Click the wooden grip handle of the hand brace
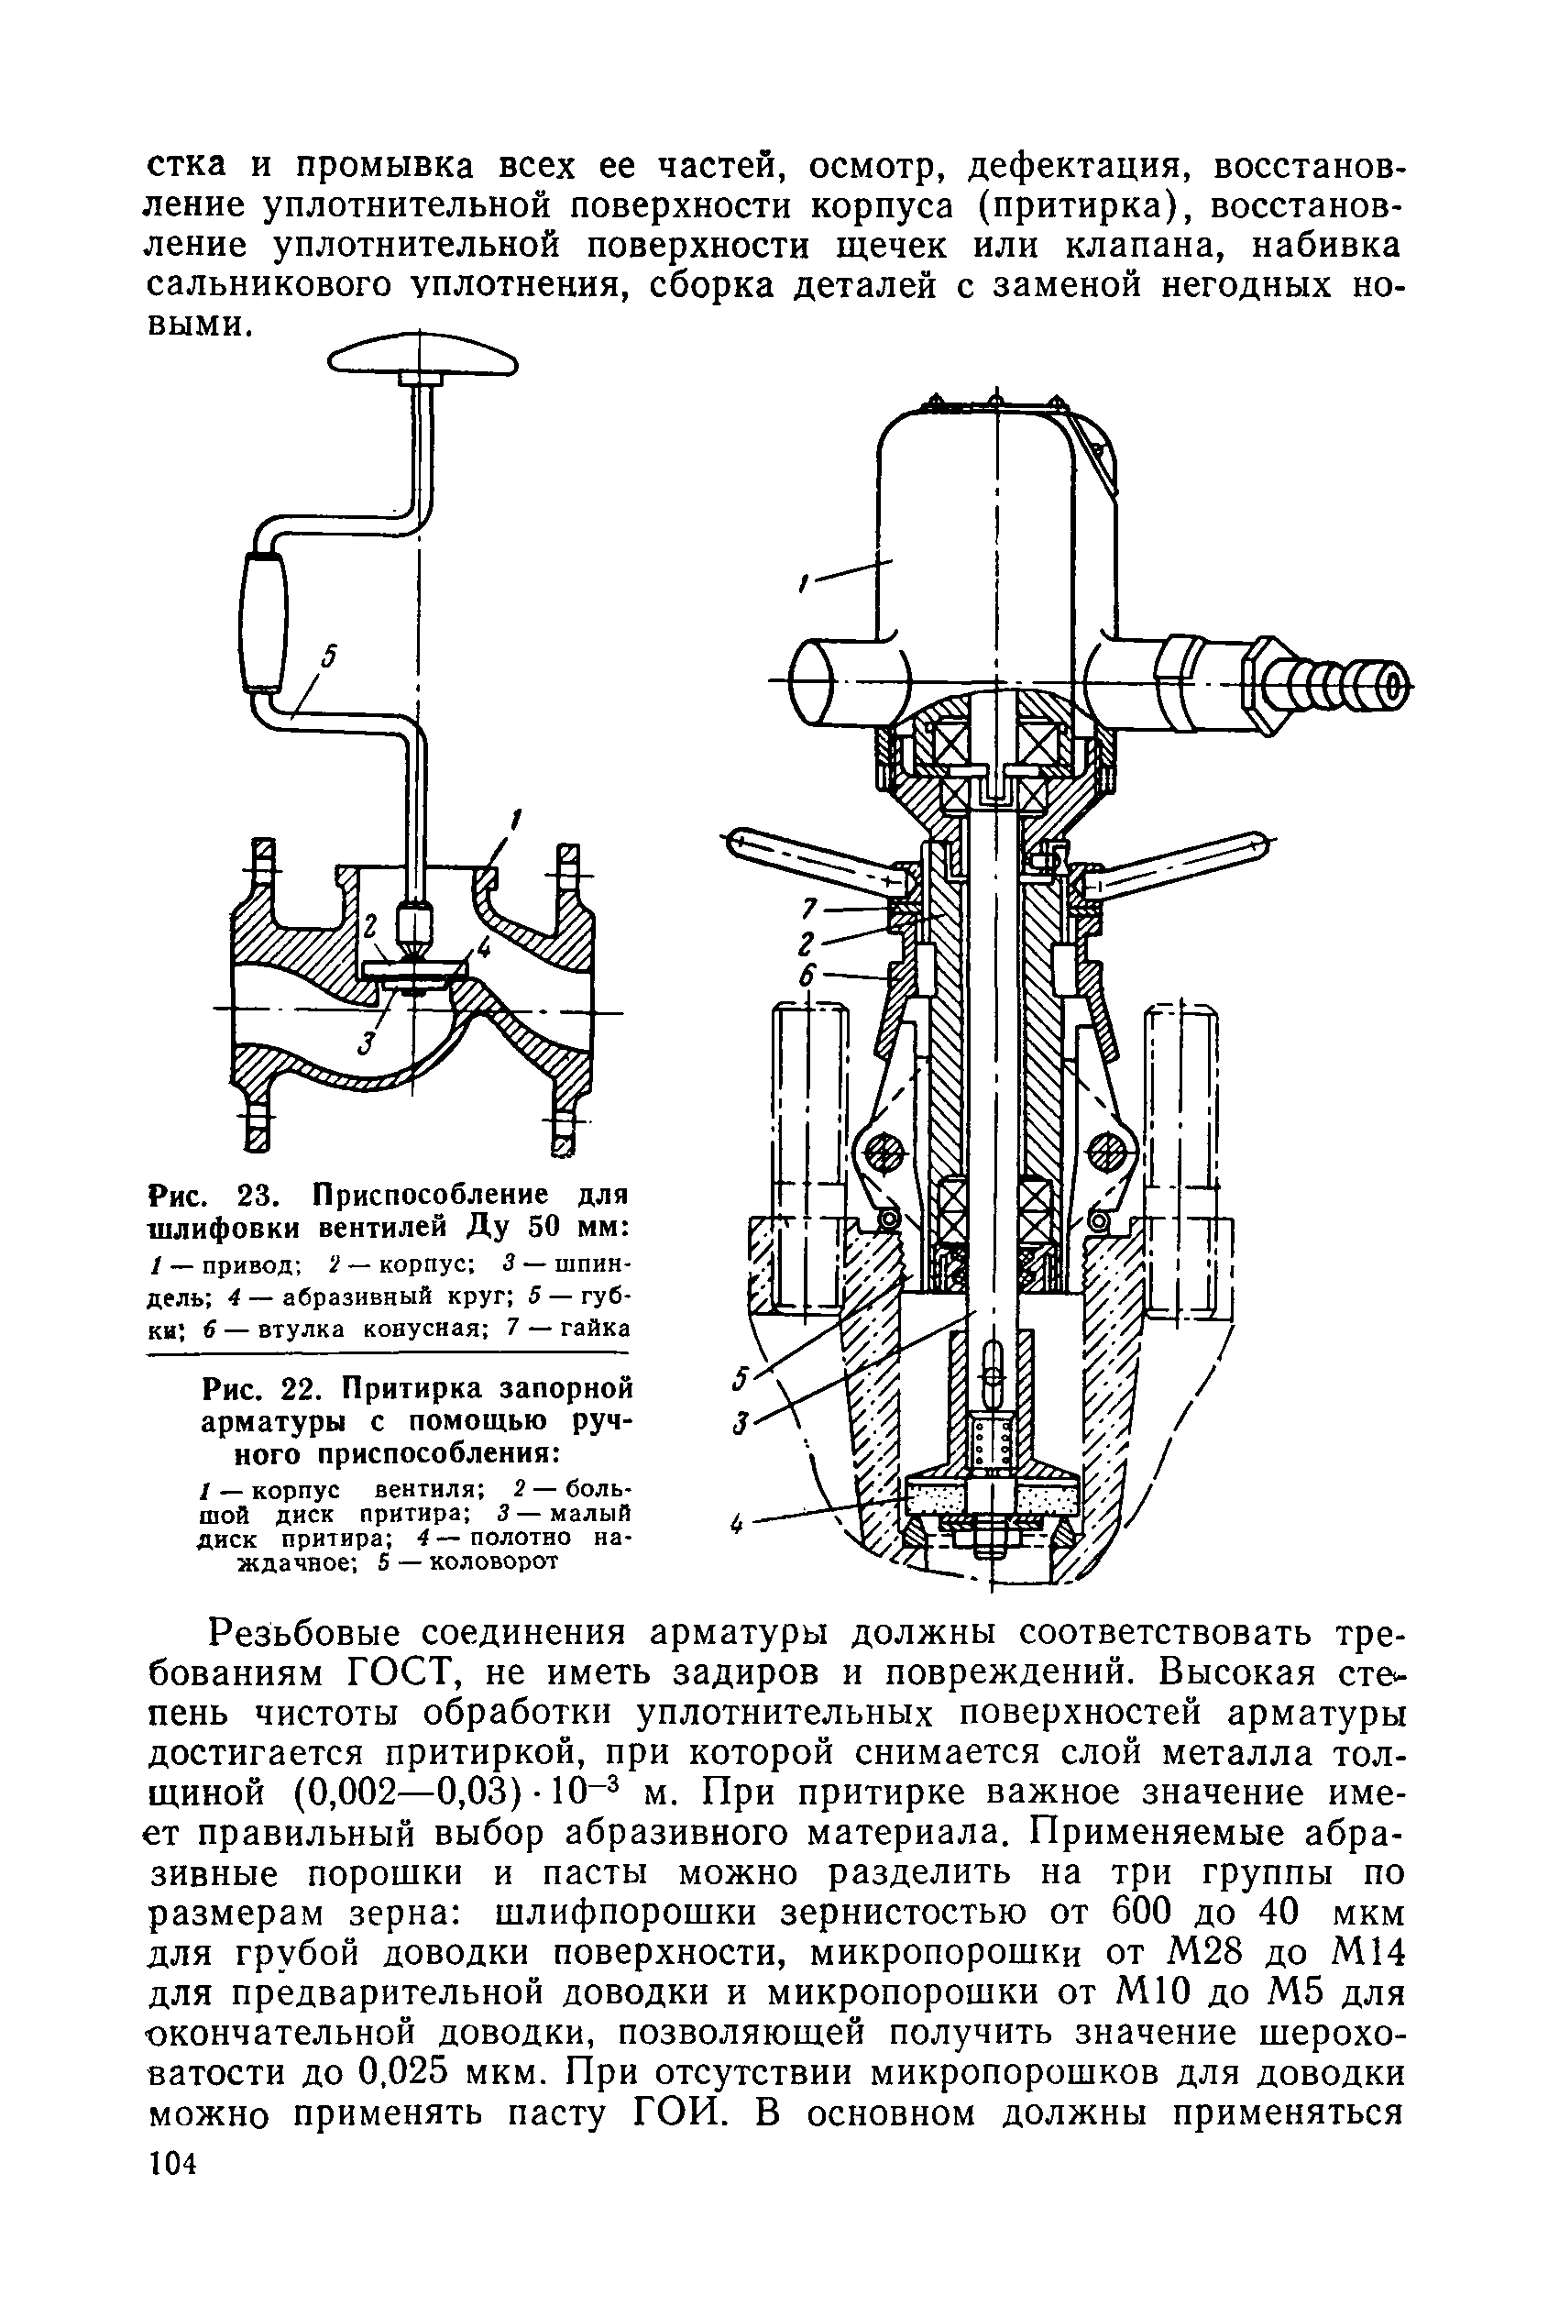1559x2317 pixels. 263,623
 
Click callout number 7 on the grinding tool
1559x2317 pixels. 809,908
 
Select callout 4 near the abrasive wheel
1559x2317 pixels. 737,1524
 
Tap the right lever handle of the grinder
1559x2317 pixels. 1183,862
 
